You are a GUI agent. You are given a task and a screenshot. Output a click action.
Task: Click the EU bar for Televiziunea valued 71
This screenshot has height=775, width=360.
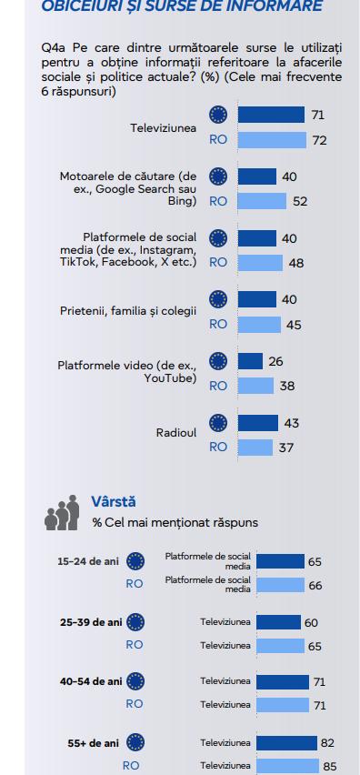[x=271, y=115]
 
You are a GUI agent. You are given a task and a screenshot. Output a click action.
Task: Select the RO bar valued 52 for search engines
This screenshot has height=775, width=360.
[x=262, y=201]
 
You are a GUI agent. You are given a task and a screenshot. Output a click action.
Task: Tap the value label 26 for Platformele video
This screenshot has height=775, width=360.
[x=276, y=361]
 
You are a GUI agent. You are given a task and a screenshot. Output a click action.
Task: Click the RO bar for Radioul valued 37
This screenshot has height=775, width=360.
[x=255, y=447]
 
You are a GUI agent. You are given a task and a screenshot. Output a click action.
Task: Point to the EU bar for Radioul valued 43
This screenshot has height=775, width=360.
[x=258, y=423]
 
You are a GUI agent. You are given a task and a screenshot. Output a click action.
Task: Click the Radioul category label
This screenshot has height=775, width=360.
[x=176, y=433]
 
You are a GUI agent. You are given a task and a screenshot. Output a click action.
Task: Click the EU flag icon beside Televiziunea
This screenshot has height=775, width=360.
[x=218, y=115]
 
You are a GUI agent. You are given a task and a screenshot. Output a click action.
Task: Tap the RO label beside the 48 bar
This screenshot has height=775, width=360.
[x=218, y=262]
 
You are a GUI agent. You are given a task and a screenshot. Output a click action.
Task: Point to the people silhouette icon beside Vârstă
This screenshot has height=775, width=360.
[x=62, y=515]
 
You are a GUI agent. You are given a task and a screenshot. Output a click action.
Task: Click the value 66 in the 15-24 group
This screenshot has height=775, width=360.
[x=315, y=586]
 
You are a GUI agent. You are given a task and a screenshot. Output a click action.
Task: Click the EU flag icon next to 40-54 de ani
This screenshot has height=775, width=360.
[x=135, y=680]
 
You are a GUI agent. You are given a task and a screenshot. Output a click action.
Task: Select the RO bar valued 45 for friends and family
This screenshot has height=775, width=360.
[x=258, y=323]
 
